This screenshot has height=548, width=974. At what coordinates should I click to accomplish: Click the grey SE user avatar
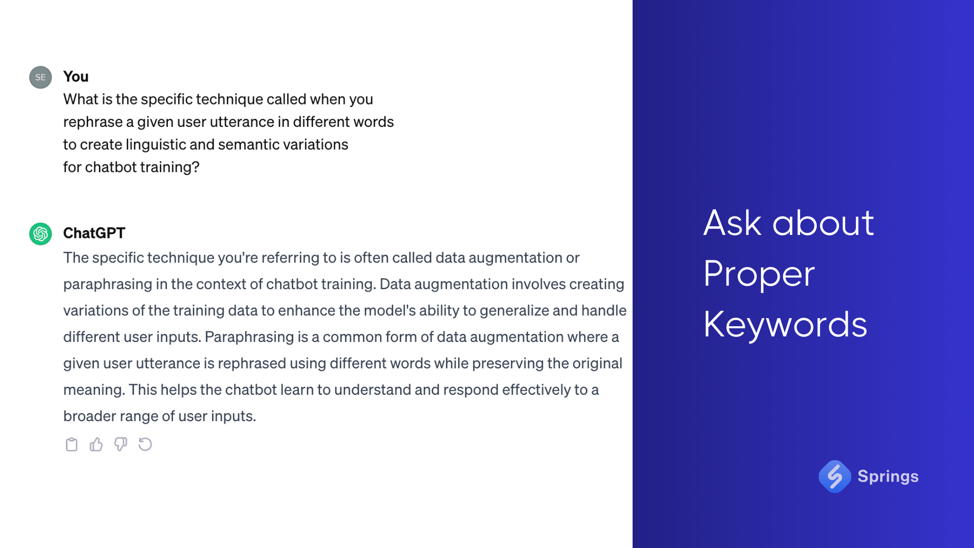point(41,77)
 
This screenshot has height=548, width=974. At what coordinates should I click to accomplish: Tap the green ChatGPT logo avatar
point(41,234)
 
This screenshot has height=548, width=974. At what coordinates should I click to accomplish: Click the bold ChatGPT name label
point(94,233)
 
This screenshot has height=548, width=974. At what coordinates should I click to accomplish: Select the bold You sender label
point(76,77)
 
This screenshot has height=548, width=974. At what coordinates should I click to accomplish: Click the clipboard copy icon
point(72,444)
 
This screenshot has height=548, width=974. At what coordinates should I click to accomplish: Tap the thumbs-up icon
point(96,444)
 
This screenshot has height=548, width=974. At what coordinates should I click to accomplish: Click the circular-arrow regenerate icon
point(145,444)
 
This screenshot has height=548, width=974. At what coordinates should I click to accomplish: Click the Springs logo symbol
point(834,476)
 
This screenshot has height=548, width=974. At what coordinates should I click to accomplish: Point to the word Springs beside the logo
point(888,476)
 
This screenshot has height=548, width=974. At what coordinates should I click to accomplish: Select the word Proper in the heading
point(759,274)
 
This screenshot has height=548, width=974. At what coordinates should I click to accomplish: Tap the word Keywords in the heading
point(785,325)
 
